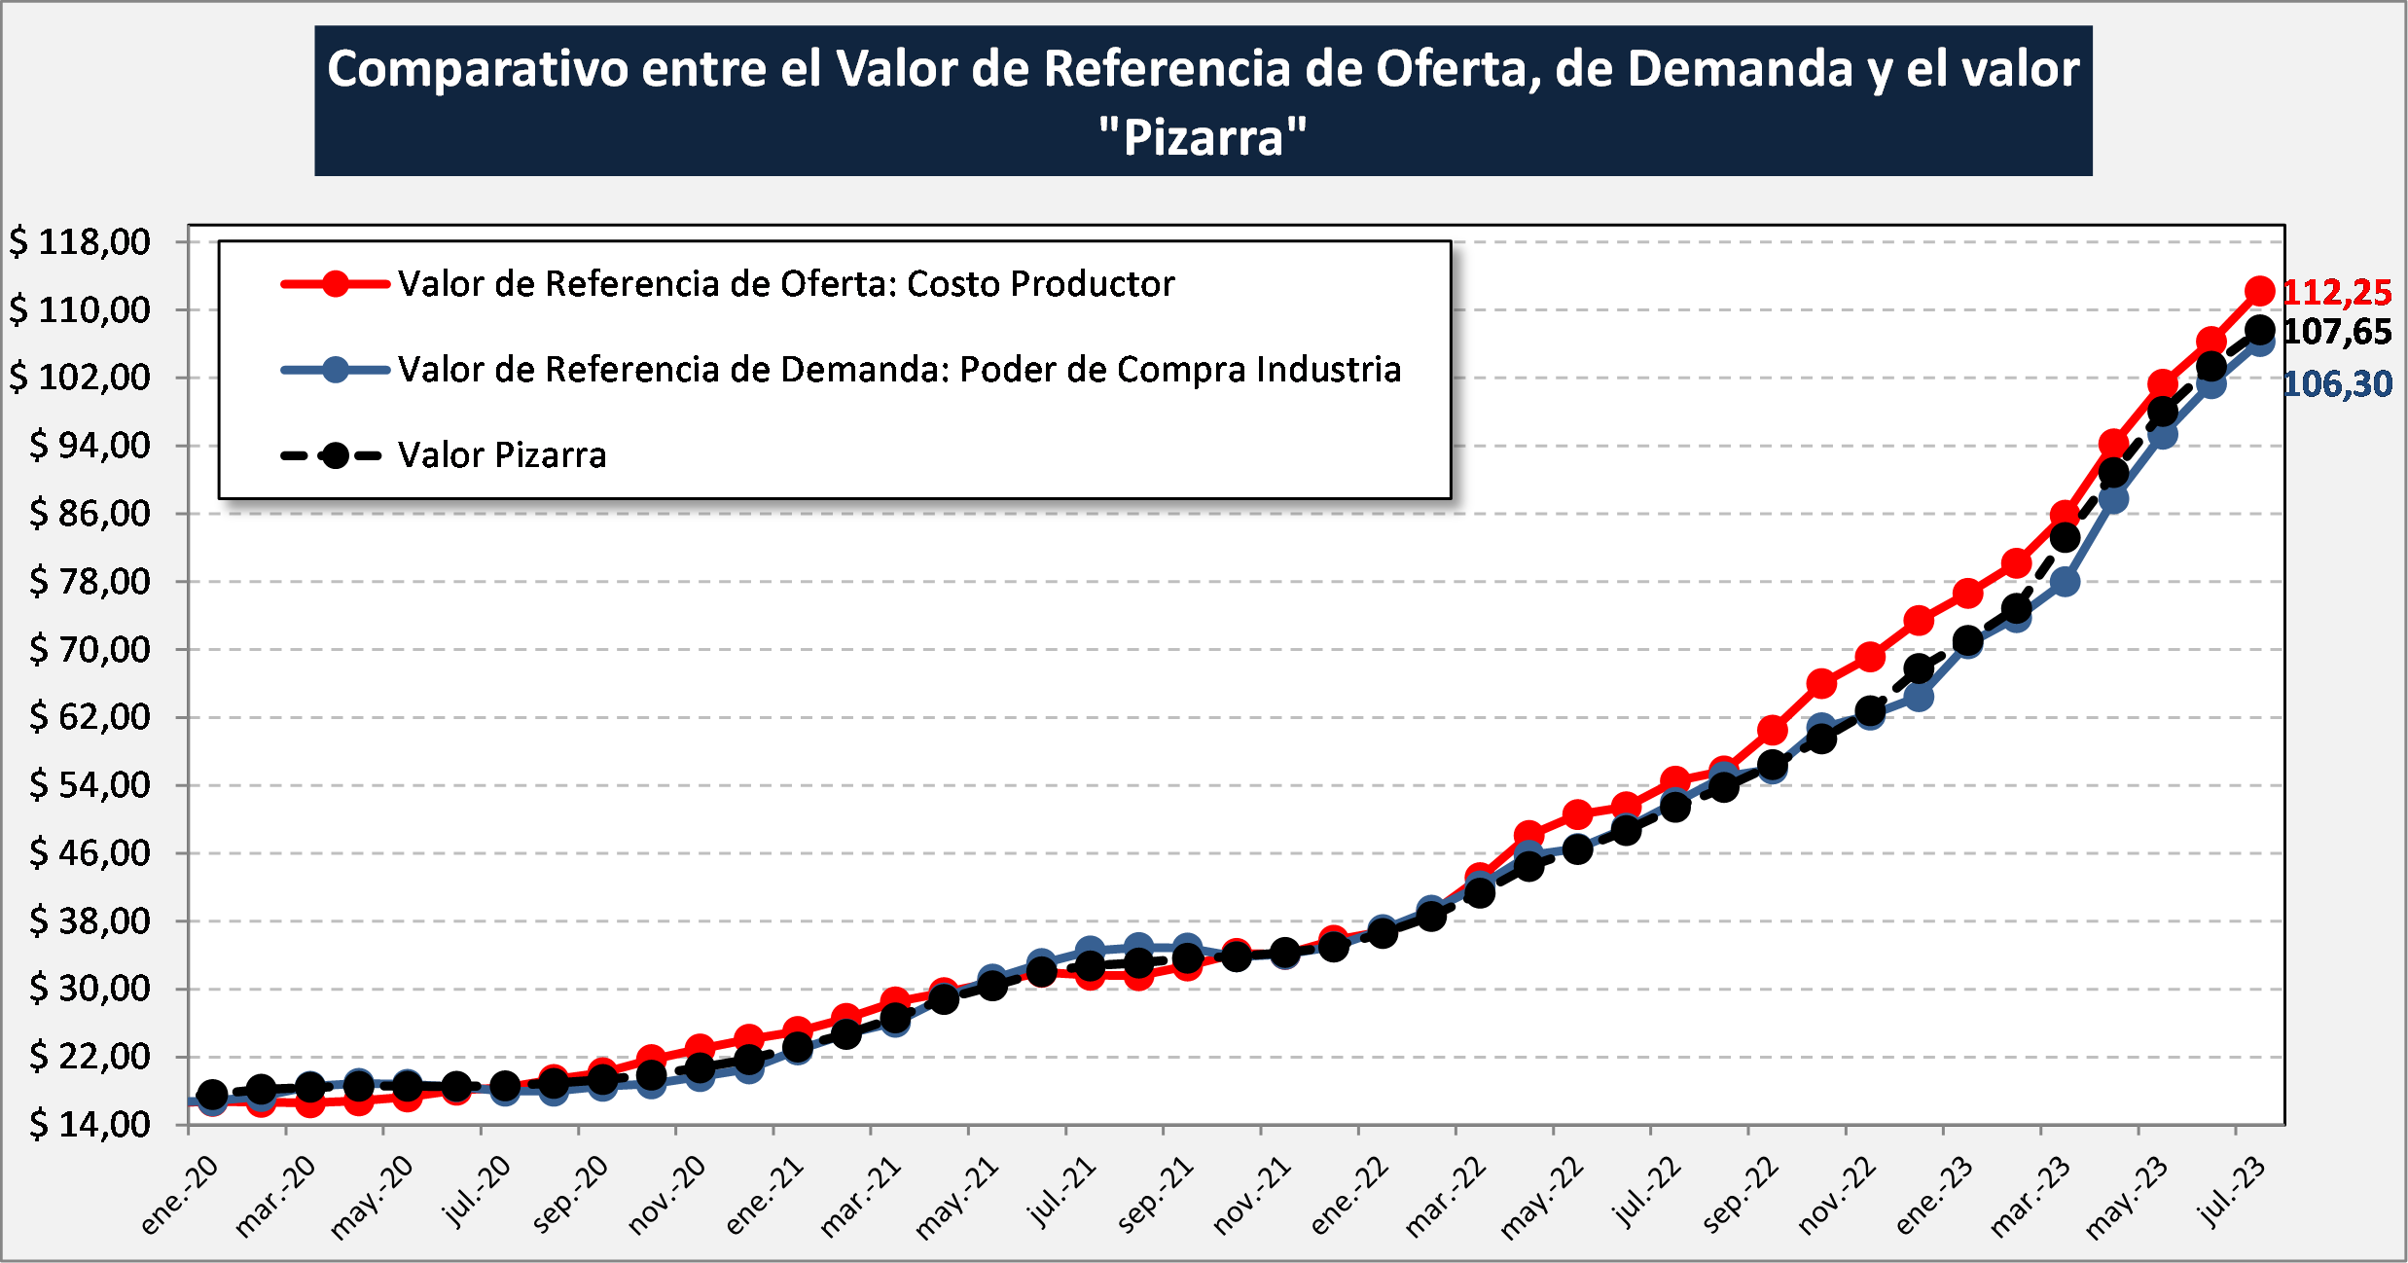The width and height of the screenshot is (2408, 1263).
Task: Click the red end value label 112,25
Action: tap(2337, 292)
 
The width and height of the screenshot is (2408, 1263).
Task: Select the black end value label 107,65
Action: tap(2337, 332)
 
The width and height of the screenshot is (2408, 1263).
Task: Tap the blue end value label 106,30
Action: tap(2337, 384)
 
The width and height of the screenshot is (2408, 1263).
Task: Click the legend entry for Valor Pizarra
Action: tap(501, 455)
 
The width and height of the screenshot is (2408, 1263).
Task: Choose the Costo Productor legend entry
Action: tap(785, 284)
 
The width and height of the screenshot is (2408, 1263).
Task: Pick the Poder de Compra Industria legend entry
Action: tap(899, 370)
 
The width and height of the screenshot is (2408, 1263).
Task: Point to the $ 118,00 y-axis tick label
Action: tap(80, 241)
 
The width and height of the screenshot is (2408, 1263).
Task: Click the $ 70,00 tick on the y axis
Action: tap(90, 649)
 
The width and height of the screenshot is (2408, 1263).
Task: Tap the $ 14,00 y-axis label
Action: tap(90, 1125)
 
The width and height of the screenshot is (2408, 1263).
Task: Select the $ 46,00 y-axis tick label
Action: tap(90, 853)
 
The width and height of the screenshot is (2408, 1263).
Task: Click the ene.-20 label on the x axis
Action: tap(180, 1197)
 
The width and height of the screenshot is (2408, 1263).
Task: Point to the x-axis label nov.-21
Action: tap(1252, 1197)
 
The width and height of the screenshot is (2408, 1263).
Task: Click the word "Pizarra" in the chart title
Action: tap(1204, 137)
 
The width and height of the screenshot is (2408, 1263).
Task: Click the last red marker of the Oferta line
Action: tap(2259, 291)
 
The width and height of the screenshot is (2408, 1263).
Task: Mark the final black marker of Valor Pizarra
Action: tap(2259, 331)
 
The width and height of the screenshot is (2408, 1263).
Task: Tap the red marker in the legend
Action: tap(336, 284)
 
